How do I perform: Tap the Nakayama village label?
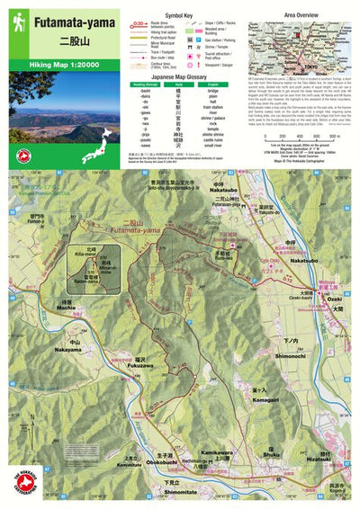tap(66, 350)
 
